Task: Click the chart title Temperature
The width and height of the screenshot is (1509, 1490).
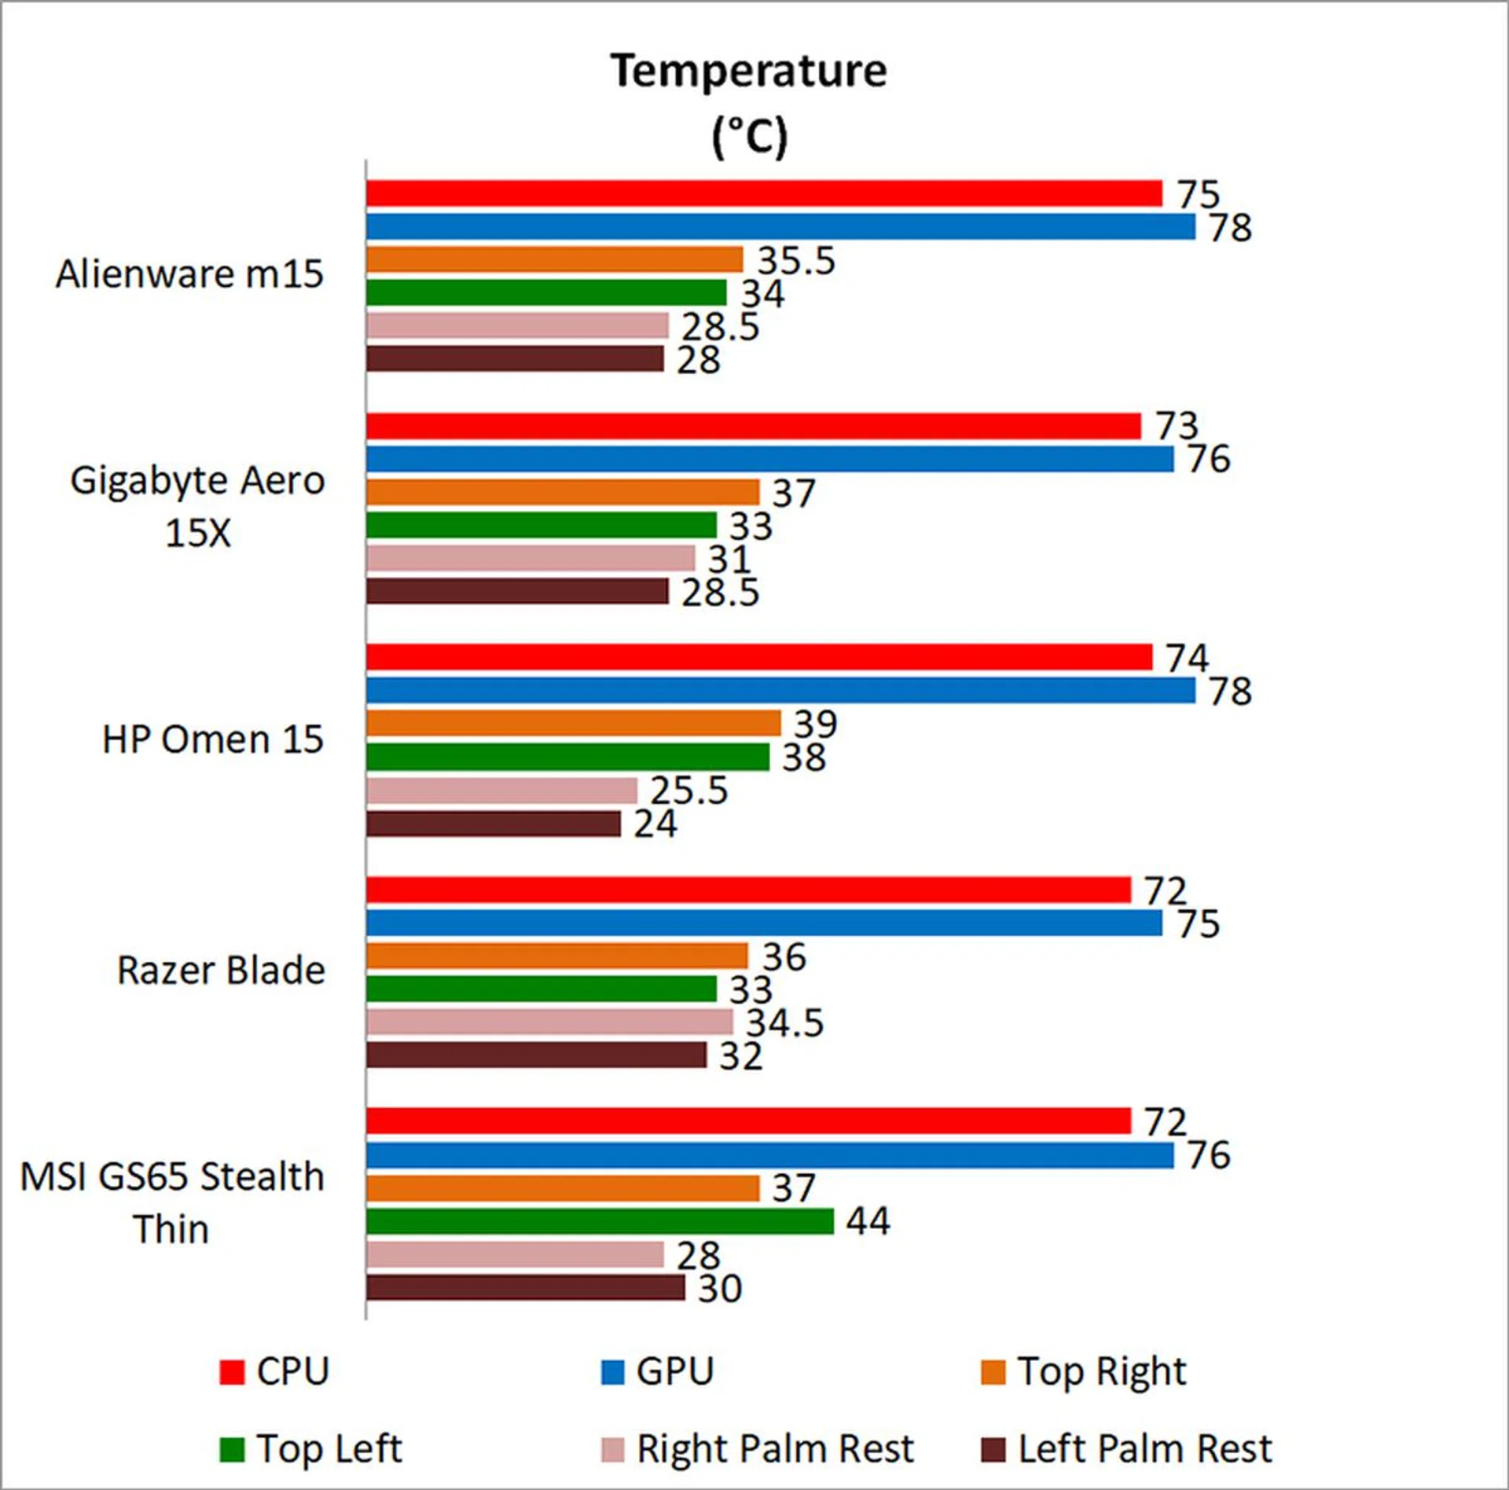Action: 749,72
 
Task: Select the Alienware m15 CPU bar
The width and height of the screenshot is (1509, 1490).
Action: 764,193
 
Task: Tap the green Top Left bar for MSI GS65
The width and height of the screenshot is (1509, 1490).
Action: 600,1221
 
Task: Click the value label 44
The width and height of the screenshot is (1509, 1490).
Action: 868,1221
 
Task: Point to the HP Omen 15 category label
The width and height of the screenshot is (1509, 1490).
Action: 213,739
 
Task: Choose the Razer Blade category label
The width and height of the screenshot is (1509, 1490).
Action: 221,971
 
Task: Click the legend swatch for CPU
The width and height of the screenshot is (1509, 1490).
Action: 232,1372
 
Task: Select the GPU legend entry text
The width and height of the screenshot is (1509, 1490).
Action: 675,1372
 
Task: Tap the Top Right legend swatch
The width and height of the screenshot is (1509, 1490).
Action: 993,1372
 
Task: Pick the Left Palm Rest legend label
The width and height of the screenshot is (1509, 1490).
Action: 1145,1448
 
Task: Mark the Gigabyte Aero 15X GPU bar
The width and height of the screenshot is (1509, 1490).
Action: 770,459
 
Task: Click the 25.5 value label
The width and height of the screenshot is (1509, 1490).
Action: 689,791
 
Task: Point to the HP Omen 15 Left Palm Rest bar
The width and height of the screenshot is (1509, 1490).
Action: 494,824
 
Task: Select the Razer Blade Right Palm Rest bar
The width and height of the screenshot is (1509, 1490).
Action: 550,1022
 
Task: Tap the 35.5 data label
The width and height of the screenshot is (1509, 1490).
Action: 796,260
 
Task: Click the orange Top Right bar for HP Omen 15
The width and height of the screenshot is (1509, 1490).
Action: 574,723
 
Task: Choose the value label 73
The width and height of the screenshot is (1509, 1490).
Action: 1177,426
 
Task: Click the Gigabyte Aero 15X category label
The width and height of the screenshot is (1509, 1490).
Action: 198,506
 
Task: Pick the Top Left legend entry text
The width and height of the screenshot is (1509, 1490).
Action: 329,1448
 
